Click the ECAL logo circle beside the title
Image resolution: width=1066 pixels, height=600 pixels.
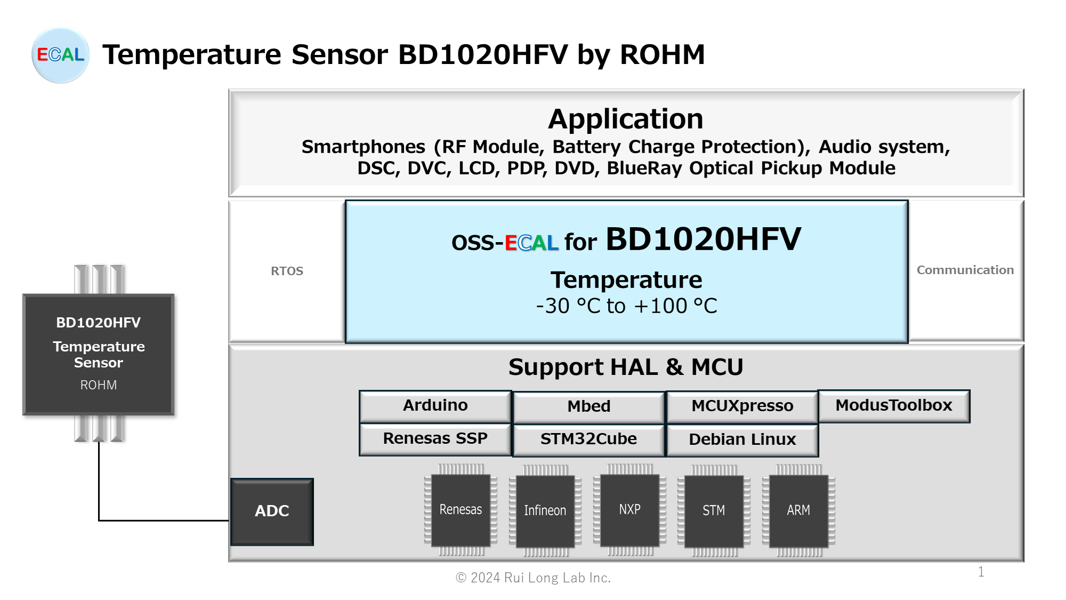[60, 55]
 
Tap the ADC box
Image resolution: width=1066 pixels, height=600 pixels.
[272, 511]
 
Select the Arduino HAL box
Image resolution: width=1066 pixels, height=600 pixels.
[435, 406]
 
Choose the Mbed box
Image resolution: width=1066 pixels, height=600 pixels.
[588, 407]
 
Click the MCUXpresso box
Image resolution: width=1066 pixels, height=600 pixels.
[742, 406]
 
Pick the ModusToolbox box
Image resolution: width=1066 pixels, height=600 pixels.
[894, 406]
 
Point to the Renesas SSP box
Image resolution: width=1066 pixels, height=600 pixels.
[435, 439]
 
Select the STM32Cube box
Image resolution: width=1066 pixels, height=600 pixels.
[588, 439]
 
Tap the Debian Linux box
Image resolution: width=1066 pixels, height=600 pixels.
[742, 440]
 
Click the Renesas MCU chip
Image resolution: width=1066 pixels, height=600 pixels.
[461, 510]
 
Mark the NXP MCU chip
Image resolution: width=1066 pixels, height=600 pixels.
[629, 510]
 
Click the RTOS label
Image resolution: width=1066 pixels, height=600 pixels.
[287, 271]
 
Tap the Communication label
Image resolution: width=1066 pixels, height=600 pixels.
[965, 270]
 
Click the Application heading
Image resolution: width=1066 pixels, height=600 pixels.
[626, 118]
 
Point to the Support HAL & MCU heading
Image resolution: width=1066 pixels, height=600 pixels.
[626, 367]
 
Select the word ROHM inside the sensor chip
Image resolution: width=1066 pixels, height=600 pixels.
[99, 385]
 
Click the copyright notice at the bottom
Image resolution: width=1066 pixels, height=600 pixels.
[533, 578]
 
